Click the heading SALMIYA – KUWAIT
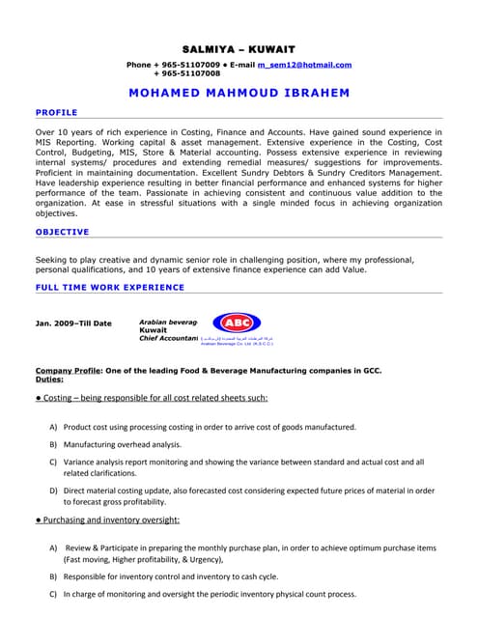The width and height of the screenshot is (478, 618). pos(239,48)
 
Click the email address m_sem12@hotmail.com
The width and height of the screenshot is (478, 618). pos(304,65)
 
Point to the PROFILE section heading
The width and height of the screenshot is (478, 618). pos(56,113)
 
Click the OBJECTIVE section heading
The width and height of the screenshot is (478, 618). pos(62,232)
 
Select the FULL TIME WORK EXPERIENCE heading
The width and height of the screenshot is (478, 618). pos(109,288)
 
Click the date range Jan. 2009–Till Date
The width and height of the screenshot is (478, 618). pos(73,323)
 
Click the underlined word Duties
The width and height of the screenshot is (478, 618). pos(49,379)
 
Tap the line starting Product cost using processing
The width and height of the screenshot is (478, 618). pos(210,427)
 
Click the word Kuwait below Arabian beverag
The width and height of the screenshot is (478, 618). pos(153,329)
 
